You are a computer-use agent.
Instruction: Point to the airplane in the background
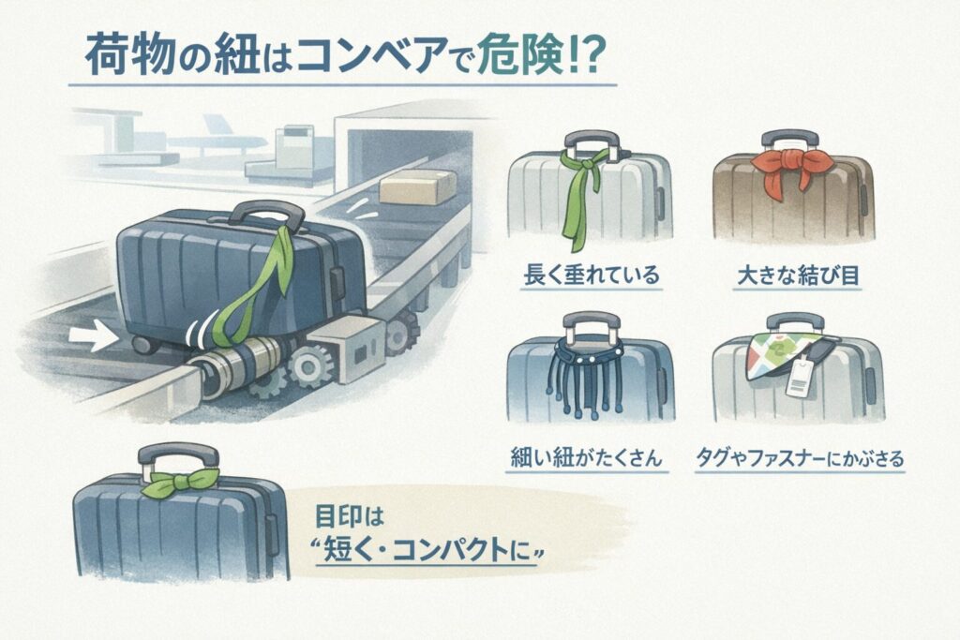(225, 141)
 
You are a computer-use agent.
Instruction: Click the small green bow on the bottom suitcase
(171, 486)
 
